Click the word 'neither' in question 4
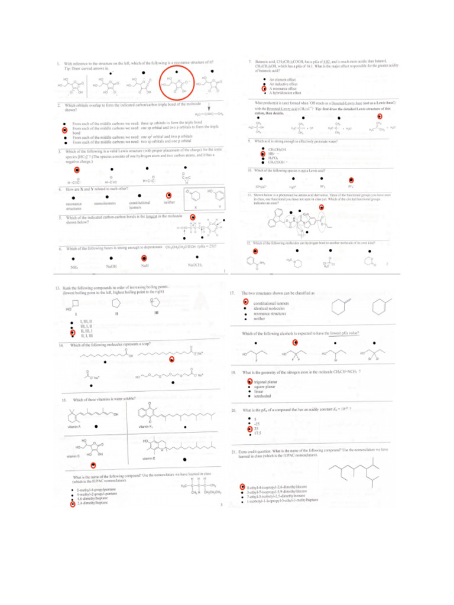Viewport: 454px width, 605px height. (x=169, y=201)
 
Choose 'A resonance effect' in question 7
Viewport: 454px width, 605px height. (x=283, y=89)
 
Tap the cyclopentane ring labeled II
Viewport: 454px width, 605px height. (x=116, y=303)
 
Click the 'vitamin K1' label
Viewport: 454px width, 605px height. (x=147, y=427)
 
